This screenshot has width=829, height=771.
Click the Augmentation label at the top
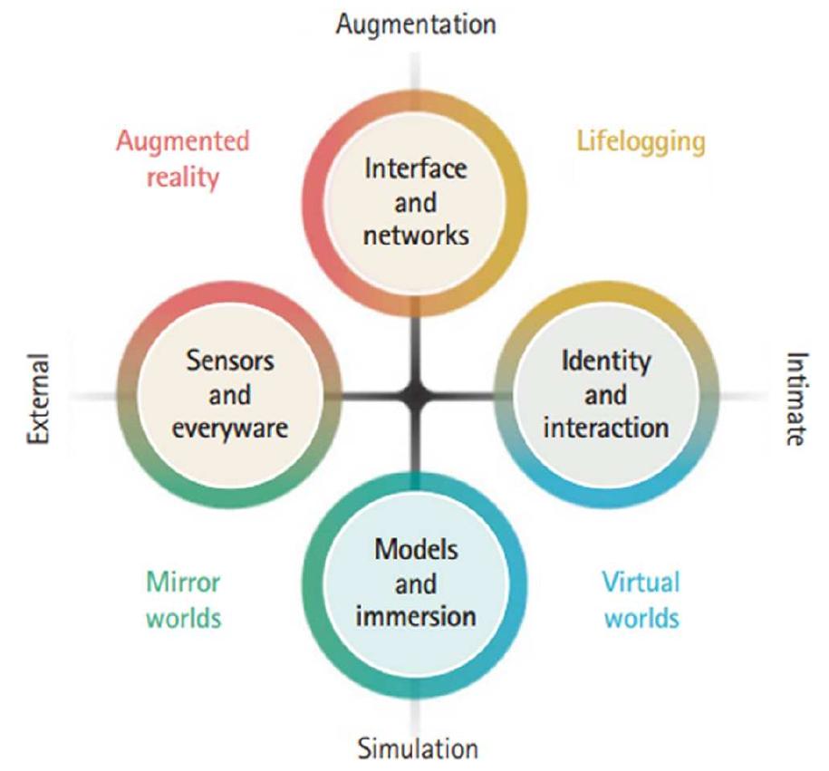(416, 24)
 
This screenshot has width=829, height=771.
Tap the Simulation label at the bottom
(416, 748)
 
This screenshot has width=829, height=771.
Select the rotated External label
(37, 396)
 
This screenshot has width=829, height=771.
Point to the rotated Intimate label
(794, 399)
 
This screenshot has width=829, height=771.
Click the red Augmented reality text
(182, 158)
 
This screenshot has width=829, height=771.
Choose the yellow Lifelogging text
(640, 141)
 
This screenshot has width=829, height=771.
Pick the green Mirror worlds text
(183, 599)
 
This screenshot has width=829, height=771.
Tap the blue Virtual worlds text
(641, 599)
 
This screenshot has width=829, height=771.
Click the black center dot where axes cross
(416, 396)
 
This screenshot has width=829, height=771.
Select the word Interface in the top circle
(416, 169)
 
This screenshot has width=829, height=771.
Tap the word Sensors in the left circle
(230, 361)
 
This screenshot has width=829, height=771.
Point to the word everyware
(230, 427)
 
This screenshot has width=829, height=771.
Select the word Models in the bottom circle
(416, 550)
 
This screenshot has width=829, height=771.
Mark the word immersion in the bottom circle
(416, 616)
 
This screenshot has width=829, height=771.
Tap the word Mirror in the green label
(183, 581)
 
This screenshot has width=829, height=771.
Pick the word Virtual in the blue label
(641, 581)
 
